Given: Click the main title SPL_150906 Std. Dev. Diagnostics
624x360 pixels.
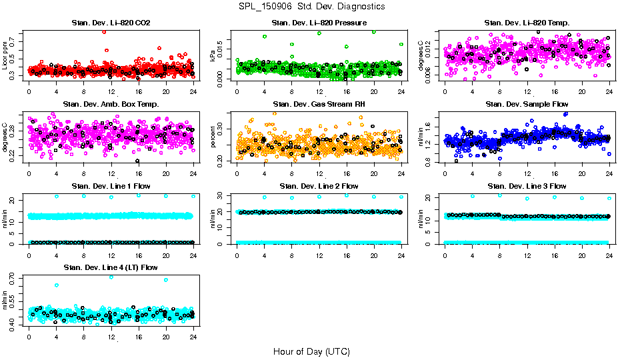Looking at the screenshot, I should coord(312,6).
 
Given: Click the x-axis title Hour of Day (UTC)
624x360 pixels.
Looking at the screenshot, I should coord(311,351).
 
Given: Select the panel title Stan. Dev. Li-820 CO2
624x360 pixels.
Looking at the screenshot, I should coord(111,23).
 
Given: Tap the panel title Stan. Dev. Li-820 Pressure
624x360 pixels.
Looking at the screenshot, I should coord(319,23).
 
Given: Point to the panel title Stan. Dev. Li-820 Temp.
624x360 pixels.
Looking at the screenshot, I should coord(527,23).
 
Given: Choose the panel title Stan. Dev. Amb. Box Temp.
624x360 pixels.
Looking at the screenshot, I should coord(111,104).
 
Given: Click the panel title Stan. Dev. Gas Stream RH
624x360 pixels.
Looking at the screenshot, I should coord(319,104).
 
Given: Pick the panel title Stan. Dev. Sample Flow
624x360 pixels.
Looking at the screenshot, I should coord(527,104).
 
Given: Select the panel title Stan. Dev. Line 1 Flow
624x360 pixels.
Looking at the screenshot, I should coord(111,186).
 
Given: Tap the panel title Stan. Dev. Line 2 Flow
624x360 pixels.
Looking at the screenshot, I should coord(319,186).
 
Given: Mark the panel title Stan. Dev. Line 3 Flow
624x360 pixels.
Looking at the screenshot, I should coord(527,186).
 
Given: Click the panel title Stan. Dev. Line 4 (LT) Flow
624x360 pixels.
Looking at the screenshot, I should coord(111,267).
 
